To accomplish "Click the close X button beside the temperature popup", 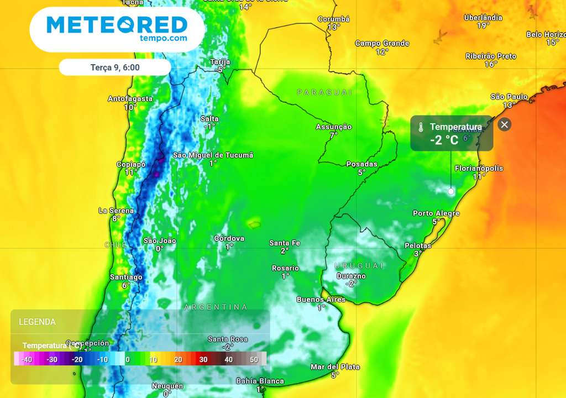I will click(504, 124).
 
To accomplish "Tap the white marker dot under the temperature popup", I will click(450, 191).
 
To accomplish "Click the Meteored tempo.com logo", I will click(117, 29).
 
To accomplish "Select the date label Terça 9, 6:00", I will click(115, 67).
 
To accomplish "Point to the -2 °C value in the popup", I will click(444, 140).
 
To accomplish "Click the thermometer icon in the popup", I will click(421, 127).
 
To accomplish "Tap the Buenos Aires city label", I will click(321, 300).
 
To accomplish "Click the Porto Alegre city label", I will click(436, 213).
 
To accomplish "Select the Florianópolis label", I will click(479, 168).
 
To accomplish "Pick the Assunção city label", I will click(333, 127).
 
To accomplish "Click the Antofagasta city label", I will click(130, 99).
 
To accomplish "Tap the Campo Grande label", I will click(382, 43).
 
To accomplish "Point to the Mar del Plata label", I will click(335, 366).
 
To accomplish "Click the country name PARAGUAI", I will click(324, 92).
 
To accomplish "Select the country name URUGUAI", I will click(359, 265).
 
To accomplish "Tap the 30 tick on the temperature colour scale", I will click(203, 359).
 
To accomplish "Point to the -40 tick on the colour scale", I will click(26, 359).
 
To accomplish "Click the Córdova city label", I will click(229, 238).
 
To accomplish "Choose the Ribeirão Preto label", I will click(491, 56).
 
